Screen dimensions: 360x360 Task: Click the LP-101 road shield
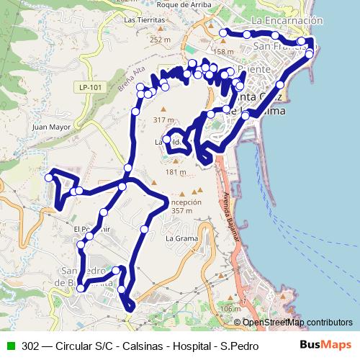coord(85,87)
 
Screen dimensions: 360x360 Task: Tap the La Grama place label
coord(181,237)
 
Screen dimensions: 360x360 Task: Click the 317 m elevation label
coord(164,120)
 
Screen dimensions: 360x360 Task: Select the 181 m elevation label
coord(175,172)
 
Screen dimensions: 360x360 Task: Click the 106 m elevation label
coord(230,309)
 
